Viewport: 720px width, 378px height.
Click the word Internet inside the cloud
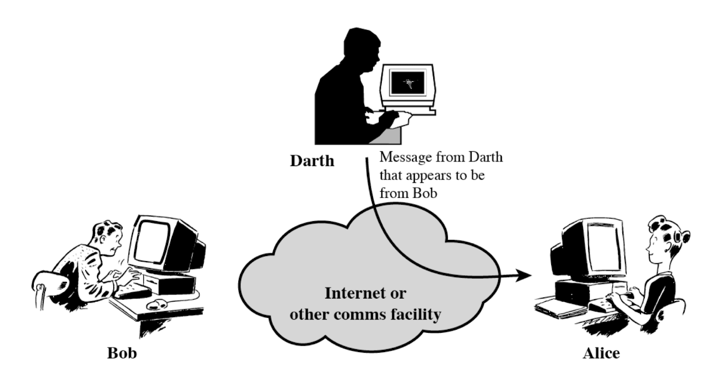point(356,293)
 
